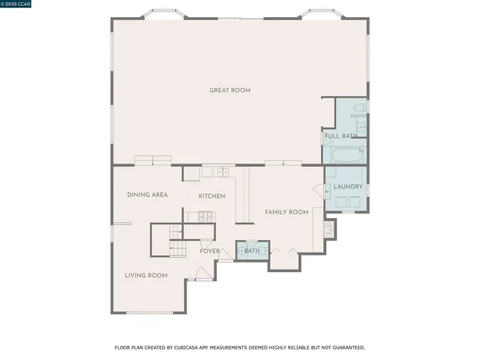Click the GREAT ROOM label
click(x=230, y=91)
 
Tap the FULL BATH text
click(x=340, y=136)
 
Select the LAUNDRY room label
click(x=348, y=187)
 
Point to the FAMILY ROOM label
click(x=286, y=212)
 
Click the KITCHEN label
click(x=211, y=196)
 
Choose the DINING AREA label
click(x=147, y=195)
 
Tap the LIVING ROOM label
click(x=145, y=275)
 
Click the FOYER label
click(x=210, y=251)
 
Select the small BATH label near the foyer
click(x=251, y=251)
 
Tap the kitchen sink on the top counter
click(x=223, y=172)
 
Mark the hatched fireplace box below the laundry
click(x=328, y=229)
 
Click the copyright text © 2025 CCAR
click(x=17, y=5)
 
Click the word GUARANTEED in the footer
click(x=347, y=348)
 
